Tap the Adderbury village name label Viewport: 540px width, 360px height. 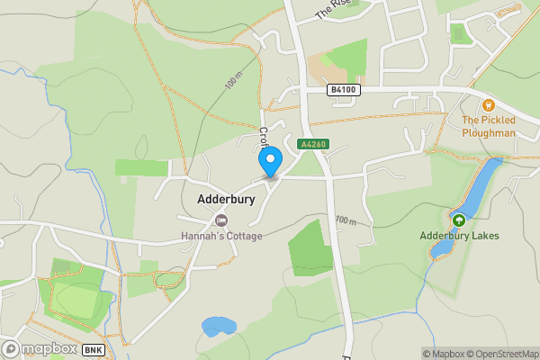coord(226,199)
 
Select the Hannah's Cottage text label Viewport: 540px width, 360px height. coord(221,236)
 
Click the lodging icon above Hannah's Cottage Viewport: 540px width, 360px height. coord(221,220)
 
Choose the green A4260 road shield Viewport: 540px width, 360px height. coord(313,143)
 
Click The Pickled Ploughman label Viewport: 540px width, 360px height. coord(489,126)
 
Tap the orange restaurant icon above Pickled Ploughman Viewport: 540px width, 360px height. coord(489,105)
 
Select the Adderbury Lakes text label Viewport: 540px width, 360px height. coord(459,236)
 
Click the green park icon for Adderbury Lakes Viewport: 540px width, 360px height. coord(459,220)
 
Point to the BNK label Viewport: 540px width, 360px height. coord(94,349)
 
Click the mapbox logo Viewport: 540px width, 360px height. coord(38,348)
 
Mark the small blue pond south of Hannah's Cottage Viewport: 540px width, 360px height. coord(218,325)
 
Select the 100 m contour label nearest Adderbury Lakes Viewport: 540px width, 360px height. coord(346,220)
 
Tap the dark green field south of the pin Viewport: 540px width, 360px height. coord(310,247)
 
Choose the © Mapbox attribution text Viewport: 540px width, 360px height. coord(443,354)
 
